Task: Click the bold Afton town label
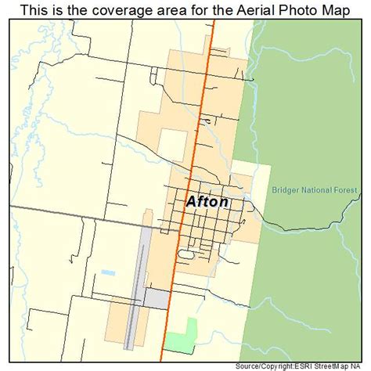click(207, 201)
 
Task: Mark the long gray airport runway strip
click(139, 282)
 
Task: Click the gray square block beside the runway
click(155, 299)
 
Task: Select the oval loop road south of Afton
click(186, 254)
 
